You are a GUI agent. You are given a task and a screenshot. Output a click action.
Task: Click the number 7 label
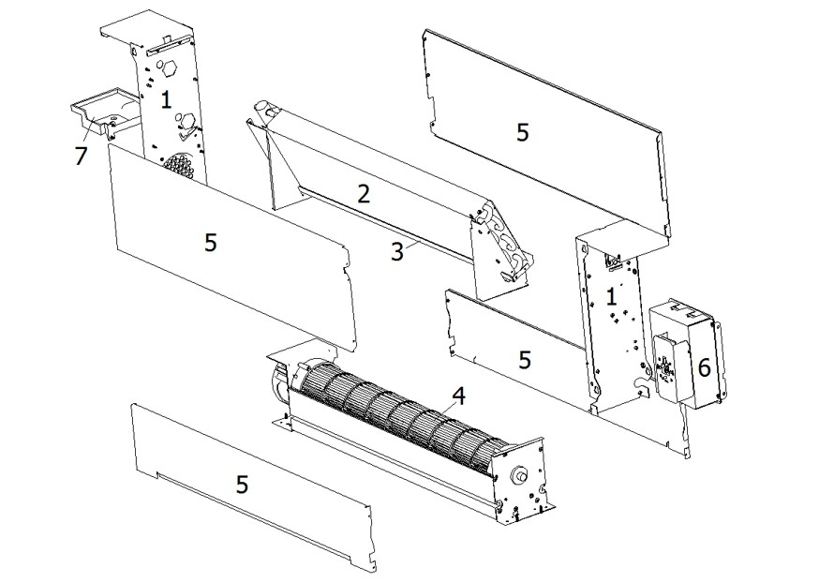pos(81,156)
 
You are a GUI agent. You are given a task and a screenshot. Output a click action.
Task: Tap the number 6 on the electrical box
pos(704,367)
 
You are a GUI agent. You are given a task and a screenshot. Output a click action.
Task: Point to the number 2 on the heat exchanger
pos(364,194)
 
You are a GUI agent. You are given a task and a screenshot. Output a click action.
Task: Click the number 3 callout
pos(397,250)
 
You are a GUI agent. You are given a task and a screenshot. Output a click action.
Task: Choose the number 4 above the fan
pos(458,396)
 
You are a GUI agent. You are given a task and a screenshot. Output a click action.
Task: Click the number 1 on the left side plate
pos(166,100)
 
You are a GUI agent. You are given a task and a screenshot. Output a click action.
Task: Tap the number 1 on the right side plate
pos(612,297)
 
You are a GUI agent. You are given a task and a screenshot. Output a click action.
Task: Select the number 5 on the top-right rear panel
pos(522,132)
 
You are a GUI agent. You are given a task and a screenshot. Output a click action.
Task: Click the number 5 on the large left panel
pos(210,242)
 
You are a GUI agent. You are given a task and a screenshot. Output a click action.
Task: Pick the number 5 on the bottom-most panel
pos(242,484)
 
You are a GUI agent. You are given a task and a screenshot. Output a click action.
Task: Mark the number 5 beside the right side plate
pos(525,359)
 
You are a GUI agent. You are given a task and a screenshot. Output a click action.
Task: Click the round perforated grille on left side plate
pos(178,165)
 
